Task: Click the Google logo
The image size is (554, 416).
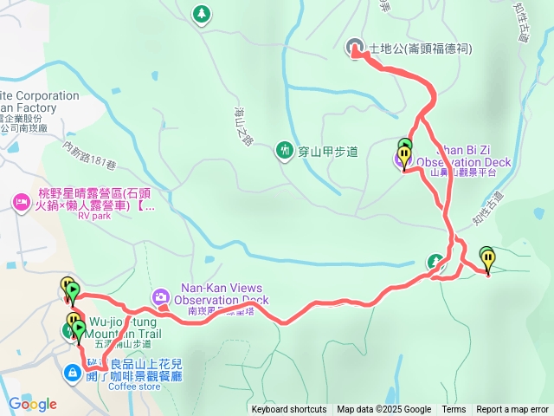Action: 33,404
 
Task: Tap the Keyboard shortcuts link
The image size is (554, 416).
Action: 289,410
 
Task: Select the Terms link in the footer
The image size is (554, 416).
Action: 454,410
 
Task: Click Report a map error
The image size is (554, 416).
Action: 512,410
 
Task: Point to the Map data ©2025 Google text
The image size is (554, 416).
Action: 383,410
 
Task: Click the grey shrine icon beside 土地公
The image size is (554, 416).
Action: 354,49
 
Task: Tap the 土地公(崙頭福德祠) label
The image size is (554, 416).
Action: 421,49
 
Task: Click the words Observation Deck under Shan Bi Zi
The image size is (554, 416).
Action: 463,162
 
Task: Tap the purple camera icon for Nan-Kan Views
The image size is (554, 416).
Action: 161,297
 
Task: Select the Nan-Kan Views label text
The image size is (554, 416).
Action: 221,288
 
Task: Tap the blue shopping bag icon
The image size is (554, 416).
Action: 73,373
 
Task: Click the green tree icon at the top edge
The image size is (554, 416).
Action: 201,13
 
